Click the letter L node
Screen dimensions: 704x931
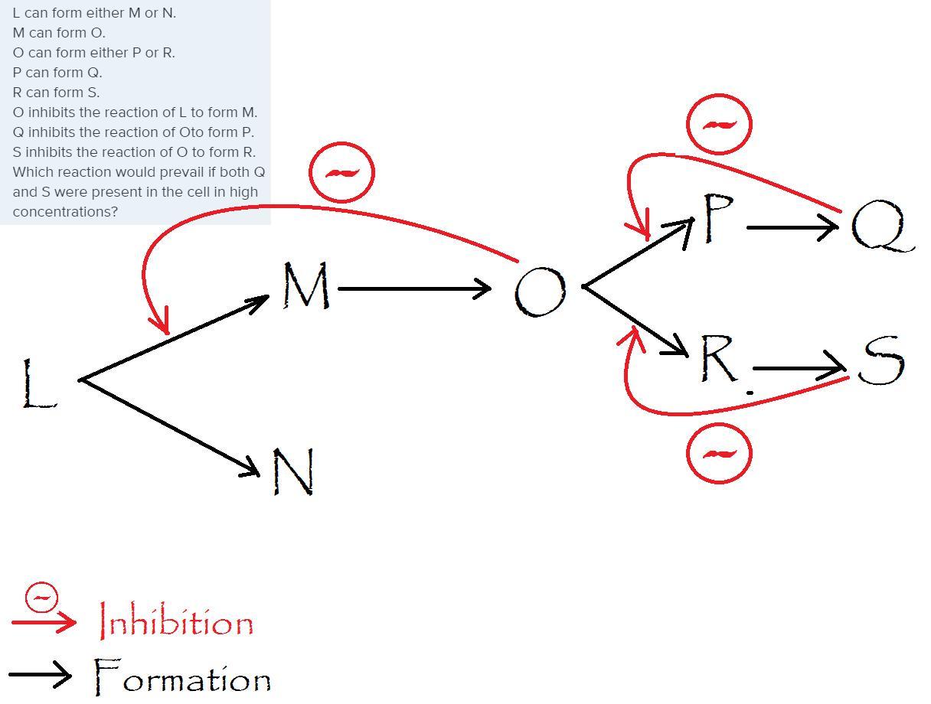38,383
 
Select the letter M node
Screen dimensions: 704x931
306,286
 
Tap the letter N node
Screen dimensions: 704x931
294,471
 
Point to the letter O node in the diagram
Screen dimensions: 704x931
540,292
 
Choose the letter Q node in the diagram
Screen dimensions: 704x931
880,227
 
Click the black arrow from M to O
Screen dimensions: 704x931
413,288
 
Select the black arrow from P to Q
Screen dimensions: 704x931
792,227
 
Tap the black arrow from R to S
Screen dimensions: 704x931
799,369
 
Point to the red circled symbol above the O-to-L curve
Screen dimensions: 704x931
341,172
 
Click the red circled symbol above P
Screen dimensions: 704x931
719,124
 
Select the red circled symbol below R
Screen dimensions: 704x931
719,454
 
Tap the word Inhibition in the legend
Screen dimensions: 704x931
177,622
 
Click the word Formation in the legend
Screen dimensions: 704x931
182,678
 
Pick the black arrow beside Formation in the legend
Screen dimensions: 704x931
40,675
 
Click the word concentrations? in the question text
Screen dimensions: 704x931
65,212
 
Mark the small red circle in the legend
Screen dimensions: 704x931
41,598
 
